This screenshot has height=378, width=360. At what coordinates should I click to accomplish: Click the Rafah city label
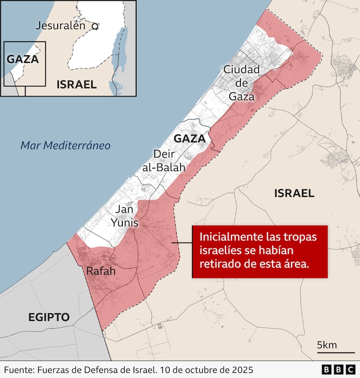[101, 271]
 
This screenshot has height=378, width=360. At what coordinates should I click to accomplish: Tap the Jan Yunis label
[124, 216]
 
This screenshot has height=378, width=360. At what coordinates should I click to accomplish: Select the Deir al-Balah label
[163, 160]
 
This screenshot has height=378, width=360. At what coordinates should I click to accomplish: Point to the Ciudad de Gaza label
[241, 83]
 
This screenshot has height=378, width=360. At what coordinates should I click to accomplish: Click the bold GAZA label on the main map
[189, 138]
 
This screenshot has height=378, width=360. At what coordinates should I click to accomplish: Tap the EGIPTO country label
[49, 317]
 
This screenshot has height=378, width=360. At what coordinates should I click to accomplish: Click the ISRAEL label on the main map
[294, 193]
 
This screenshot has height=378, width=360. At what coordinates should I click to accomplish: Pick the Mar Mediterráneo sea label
[66, 146]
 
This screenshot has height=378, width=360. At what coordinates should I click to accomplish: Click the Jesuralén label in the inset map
[60, 26]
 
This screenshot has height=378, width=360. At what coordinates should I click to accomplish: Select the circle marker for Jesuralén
[95, 27]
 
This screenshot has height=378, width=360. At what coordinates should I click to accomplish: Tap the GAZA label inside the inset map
[23, 59]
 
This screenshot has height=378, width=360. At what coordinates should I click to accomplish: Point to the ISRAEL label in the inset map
[76, 84]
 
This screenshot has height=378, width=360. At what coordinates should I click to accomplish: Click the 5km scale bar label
[326, 345]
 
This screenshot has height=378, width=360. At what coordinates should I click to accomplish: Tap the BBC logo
[338, 370]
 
